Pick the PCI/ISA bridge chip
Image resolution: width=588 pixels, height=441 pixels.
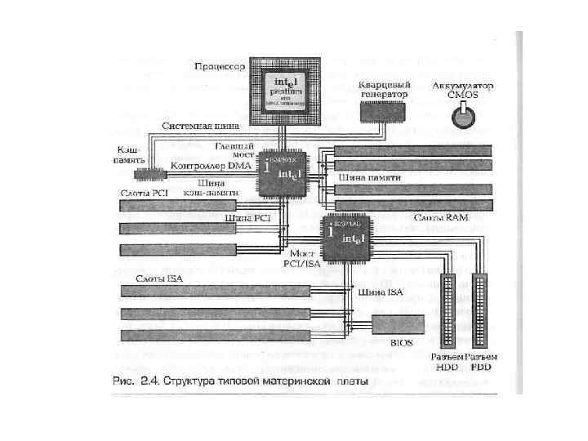click(x=345, y=235)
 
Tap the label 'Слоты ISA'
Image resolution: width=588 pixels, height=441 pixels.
click(x=159, y=279)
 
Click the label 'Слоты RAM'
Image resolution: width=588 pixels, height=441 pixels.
click(x=441, y=217)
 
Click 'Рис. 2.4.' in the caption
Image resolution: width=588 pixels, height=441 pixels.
click(x=134, y=381)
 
